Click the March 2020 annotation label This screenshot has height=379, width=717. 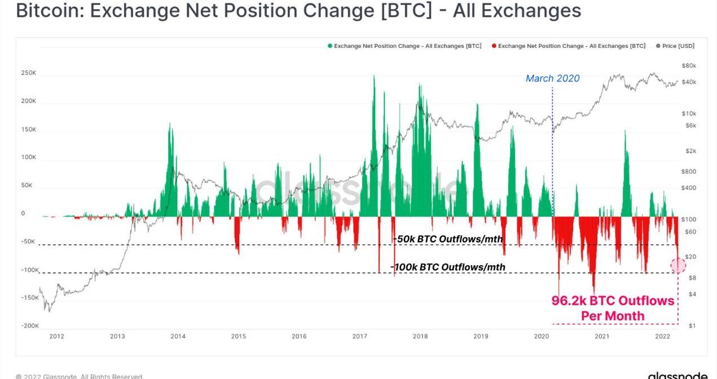552,78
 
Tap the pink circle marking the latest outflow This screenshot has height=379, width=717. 678,265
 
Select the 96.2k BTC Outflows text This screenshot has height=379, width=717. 613,301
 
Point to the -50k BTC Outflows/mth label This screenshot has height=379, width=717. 448,239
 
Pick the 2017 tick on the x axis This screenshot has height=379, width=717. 359,337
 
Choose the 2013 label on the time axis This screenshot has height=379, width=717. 117,337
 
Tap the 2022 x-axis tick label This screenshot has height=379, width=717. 662,337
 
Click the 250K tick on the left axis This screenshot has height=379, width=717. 29,73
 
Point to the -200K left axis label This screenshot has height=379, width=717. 30,326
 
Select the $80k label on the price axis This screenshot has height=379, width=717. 689,66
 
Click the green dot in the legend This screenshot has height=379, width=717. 330,46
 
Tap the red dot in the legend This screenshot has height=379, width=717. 494,46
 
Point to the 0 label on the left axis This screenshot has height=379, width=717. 23,214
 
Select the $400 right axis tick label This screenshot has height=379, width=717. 689,188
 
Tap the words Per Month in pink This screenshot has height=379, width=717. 613,316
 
